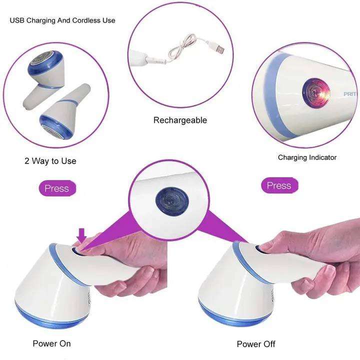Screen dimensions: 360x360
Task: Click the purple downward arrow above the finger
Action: (x=81, y=236)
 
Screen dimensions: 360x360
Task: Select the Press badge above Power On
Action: (x=57, y=188)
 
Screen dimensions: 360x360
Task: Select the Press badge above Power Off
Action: (x=279, y=185)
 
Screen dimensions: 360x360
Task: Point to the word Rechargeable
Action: (x=180, y=120)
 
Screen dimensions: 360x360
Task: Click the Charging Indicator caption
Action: (x=307, y=157)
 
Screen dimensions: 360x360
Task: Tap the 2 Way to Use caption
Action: (x=50, y=160)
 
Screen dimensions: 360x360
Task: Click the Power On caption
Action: (x=51, y=343)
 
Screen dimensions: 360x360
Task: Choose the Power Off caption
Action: (x=256, y=344)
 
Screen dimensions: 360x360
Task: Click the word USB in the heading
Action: (x=17, y=20)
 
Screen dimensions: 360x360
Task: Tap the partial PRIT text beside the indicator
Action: (x=350, y=94)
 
